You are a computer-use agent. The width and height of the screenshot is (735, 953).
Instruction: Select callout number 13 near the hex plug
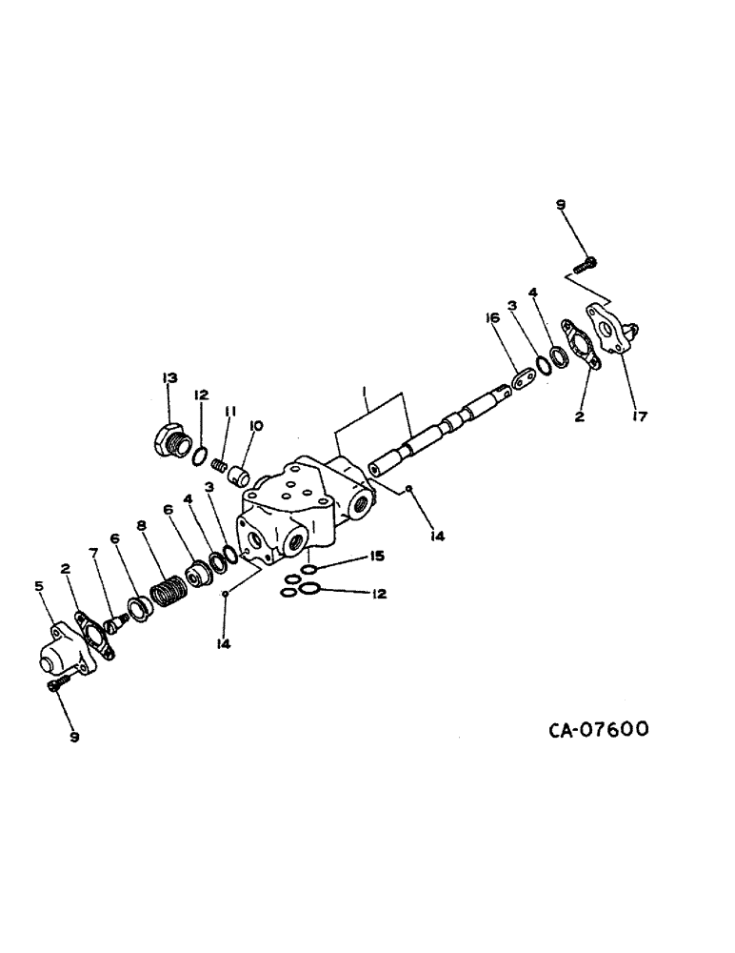coord(169,378)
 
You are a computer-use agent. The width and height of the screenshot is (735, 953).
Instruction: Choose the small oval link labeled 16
coord(522,380)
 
